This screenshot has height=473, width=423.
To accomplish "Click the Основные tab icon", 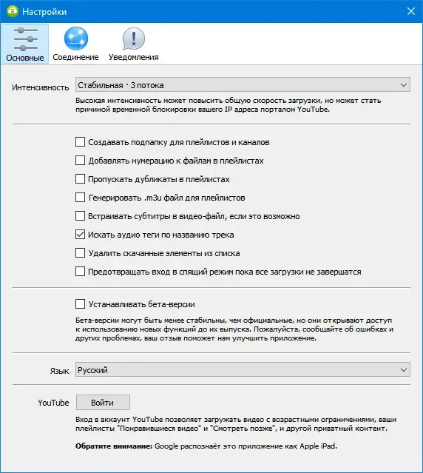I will pos(25,38).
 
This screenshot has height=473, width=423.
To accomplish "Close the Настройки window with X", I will pos(409,12).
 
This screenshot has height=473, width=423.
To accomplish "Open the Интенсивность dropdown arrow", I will pos(403,86).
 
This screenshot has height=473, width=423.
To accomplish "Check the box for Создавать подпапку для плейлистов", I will pos(81,142).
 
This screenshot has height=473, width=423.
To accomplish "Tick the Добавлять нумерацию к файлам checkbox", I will pos(81,161).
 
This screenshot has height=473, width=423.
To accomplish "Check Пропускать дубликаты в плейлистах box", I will pos(81,179).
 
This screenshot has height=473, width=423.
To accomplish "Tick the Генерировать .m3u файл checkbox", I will pos(81,198).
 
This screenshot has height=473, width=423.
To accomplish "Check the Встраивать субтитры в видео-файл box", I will pos(81,216).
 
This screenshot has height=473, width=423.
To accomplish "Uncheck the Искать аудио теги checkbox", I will pos(81,235).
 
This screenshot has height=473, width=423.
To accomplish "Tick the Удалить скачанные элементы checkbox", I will pos(81,253).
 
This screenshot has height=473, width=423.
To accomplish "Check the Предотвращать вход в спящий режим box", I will pos(81,272).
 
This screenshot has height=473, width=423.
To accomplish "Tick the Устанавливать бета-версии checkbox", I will pos(81,303).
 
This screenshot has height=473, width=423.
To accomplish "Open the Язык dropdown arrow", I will pos(403,369).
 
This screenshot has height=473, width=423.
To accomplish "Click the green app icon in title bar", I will pos(11,12).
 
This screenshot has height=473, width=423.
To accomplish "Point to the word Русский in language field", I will pos(93,369).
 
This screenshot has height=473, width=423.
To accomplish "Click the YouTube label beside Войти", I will pos(53,403).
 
